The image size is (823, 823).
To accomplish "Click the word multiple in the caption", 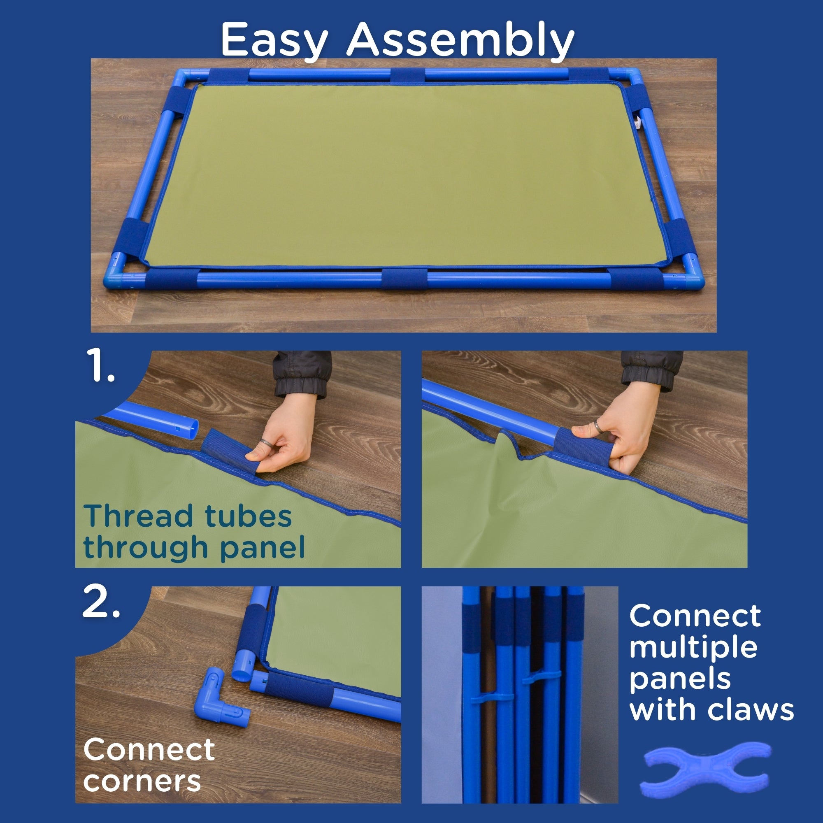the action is click(x=693, y=649).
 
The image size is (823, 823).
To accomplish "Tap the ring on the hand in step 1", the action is click(x=265, y=443).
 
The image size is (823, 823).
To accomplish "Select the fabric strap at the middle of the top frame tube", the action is click(x=408, y=76).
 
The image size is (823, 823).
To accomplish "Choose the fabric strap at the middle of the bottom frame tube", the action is click(x=404, y=279).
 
